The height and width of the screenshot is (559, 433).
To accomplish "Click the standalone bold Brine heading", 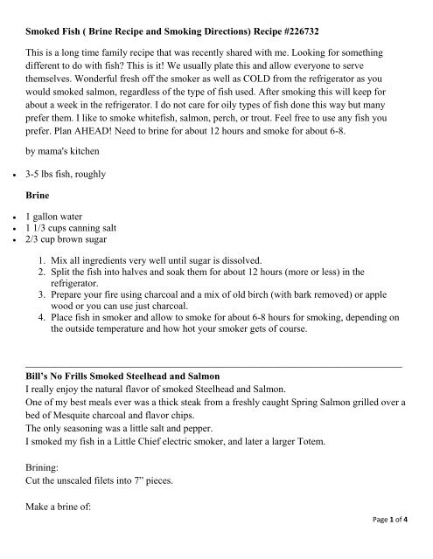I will [x=41, y=234].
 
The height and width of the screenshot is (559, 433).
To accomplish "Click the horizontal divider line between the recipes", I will [x=214, y=438].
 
